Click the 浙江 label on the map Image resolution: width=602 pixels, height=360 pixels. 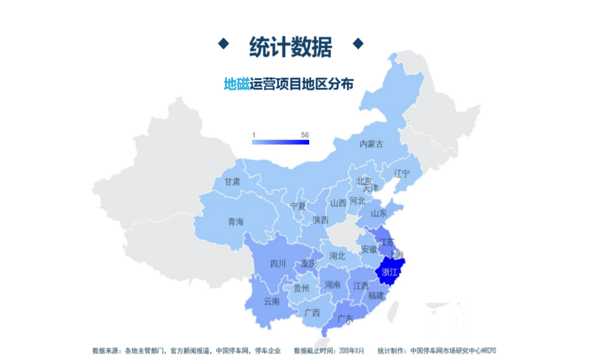click(389, 272)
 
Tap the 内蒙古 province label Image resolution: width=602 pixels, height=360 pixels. click(371, 144)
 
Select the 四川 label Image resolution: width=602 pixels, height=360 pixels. click(277, 264)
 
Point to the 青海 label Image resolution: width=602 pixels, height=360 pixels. click(235, 222)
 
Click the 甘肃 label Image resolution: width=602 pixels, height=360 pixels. click(232, 182)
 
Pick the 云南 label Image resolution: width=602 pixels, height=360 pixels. click(272, 302)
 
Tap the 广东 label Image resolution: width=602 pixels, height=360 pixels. click(345, 318)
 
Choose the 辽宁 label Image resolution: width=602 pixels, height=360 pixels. click(402, 174)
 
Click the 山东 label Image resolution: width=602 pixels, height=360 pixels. click(379, 213)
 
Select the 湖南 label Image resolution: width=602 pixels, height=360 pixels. click(332, 285)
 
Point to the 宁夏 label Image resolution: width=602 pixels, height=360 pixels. click(298, 206)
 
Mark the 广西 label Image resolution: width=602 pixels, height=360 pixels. click(312, 312)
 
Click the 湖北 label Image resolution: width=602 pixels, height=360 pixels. click(337, 256)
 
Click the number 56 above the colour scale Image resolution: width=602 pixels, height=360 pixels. click(305, 134)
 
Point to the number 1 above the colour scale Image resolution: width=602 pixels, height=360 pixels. click(254, 134)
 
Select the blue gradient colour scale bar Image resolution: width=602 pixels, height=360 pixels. click(280, 142)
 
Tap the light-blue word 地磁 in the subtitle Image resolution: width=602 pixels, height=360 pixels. click(236, 84)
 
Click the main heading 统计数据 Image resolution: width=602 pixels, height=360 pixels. click(290, 46)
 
